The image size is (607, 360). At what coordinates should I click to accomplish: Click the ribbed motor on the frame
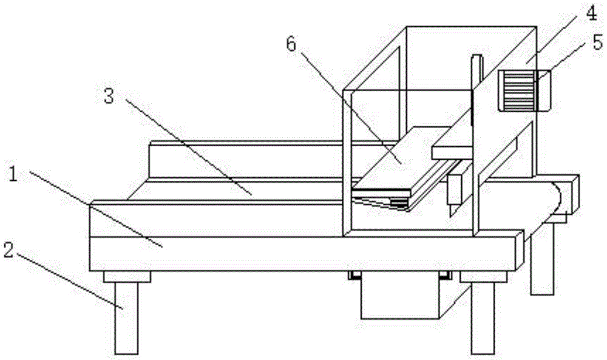(518, 90)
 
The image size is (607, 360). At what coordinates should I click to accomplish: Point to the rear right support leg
(541, 267)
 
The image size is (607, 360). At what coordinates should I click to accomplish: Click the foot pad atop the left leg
(126, 277)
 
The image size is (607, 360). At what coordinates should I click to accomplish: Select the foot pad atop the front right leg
(483, 277)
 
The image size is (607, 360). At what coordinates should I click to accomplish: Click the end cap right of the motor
(544, 90)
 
